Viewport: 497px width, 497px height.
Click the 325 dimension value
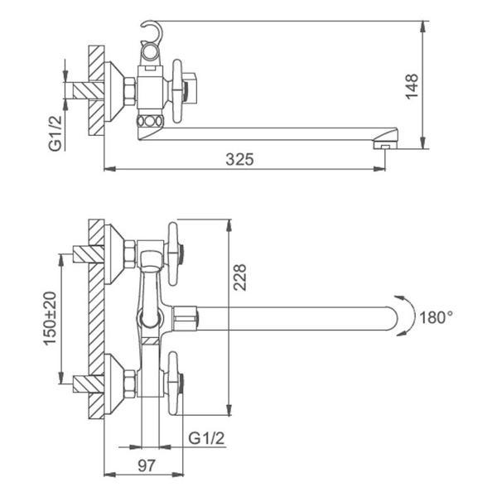point(239,159)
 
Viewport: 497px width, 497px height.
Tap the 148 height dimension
point(412,86)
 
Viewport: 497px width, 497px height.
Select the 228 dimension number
point(239,277)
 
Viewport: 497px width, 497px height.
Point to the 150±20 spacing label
point(50,318)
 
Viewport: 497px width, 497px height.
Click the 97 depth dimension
point(147,466)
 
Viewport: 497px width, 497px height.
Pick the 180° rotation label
point(437,317)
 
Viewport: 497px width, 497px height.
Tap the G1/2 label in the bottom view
point(206,438)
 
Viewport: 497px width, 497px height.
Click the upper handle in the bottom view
point(173,253)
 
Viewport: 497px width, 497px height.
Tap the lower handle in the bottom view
point(173,383)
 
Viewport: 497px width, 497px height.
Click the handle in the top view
point(177,90)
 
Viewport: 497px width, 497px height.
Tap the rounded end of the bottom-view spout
point(392,318)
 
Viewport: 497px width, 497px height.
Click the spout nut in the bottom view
point(185,318)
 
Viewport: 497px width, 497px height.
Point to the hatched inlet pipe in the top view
point(89,90)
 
